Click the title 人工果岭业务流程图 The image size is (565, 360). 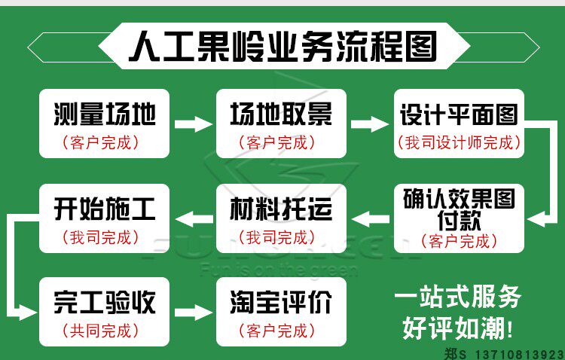click(282, 47)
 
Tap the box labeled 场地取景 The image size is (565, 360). click(281, 124)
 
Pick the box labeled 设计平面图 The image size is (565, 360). click(458, 124)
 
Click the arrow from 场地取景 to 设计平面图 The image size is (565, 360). click(369, 124)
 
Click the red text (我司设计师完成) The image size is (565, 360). click(458, 142)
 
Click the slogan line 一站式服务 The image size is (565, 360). click(457, 297)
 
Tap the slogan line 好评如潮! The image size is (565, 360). click(457, 328)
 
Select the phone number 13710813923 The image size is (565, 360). click(517, 352)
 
